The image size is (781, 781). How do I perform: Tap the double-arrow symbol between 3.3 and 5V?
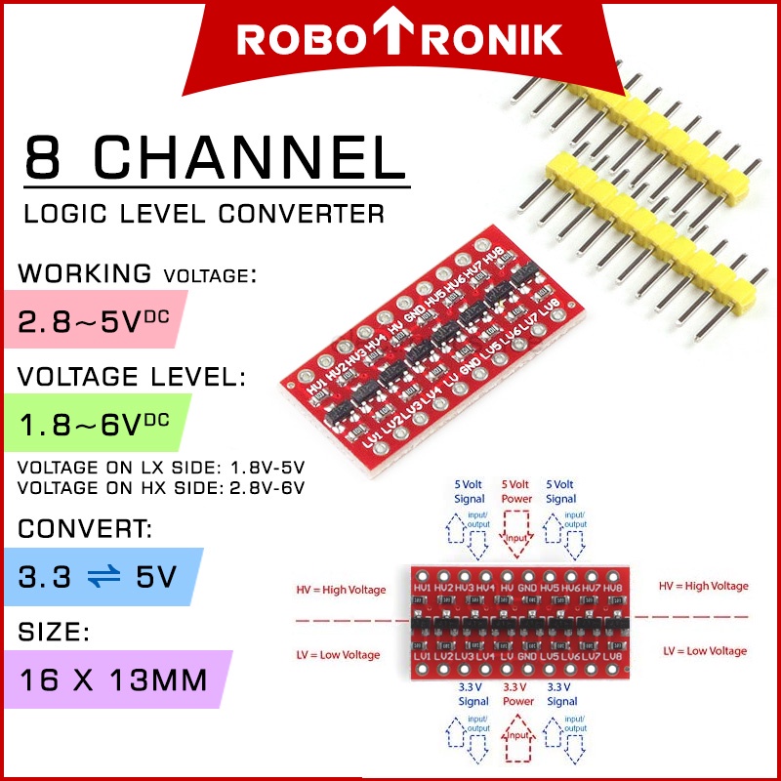click(x=106, y=577)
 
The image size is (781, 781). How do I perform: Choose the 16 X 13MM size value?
click(x=113, y=679)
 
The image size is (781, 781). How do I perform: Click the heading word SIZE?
click(x=54, y=633)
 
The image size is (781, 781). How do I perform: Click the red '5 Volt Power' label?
click(x=517, y=491)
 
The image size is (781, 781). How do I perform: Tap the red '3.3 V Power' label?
click(x=517, y=694)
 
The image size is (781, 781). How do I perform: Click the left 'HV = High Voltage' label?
click(x=341, y=590)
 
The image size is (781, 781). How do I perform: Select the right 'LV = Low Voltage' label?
click(x=705, y=651)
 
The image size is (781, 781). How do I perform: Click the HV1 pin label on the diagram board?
click(x=423, y=589)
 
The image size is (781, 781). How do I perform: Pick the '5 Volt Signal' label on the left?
click(x=469, y=491)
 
